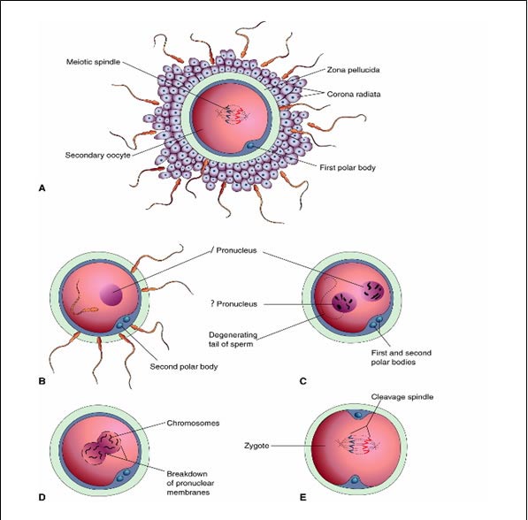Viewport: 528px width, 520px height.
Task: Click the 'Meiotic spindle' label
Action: (93, 62)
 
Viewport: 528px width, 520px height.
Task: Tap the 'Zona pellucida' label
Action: (353, 70)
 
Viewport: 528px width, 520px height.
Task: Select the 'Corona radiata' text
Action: (354, 95)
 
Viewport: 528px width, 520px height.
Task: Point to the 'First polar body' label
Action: (348, 167)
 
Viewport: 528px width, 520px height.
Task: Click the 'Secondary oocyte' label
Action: (97, 156)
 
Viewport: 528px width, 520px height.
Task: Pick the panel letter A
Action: (42, 188)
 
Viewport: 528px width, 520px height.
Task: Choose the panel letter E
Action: (303, 497)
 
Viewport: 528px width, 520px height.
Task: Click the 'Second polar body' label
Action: (184, 366)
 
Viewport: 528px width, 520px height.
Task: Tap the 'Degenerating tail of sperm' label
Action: (233, 340)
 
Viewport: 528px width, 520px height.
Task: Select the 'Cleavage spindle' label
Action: (402, 397)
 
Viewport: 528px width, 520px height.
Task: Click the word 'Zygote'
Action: (256, 446)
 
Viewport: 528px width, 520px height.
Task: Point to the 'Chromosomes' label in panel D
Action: (193, 423)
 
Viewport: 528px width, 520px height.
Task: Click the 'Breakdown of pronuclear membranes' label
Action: (190, 483)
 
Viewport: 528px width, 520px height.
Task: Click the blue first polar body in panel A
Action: (250, 146)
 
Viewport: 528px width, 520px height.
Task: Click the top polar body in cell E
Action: (358, 416)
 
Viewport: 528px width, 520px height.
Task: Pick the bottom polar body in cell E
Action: (356, 480)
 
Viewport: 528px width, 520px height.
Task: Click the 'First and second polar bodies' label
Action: (401, 357)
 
